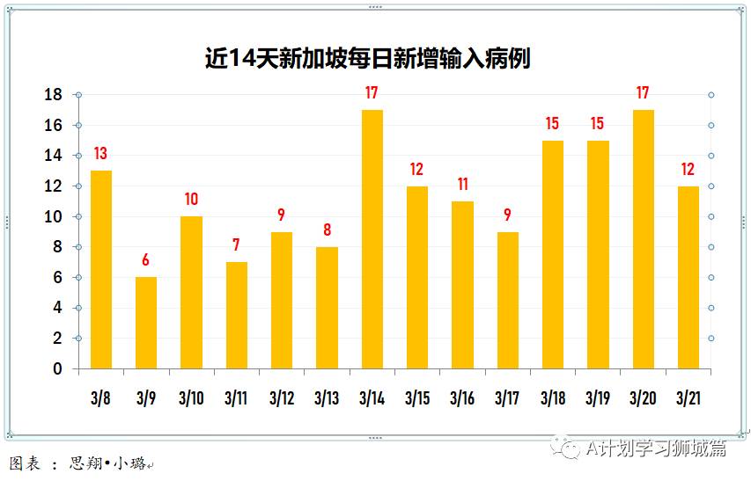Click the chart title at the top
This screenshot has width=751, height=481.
367,58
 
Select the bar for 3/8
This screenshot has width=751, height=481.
101,269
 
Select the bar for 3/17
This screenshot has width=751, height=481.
508,300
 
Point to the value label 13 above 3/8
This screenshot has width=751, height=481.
100,154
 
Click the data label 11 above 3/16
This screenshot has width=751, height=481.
462,185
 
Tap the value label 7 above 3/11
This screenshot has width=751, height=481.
236,245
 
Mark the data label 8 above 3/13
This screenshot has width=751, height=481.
327,230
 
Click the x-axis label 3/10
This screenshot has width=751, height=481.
191,398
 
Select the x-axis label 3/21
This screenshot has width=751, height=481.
688,398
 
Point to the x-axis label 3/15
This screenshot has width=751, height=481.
417,398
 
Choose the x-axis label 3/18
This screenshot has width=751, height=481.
553,398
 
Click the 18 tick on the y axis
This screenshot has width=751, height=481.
54,95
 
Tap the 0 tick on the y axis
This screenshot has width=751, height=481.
57,369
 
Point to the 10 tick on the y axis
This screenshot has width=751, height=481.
54,217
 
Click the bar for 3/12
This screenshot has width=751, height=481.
282,300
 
